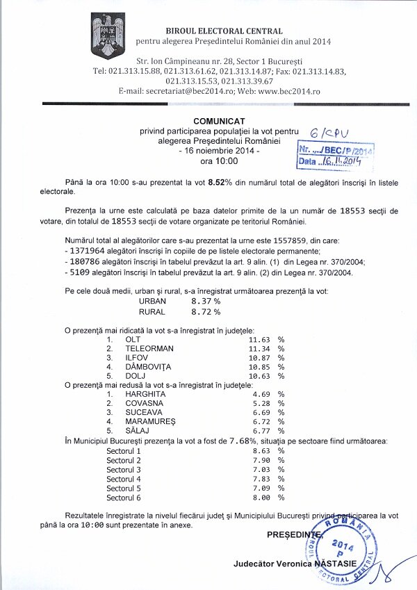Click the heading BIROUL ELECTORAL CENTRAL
[224, 31]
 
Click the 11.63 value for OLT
[258, 338]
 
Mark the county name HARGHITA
[145, 394]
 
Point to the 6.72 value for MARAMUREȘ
[258, 422]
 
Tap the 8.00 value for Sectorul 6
[258, 498]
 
